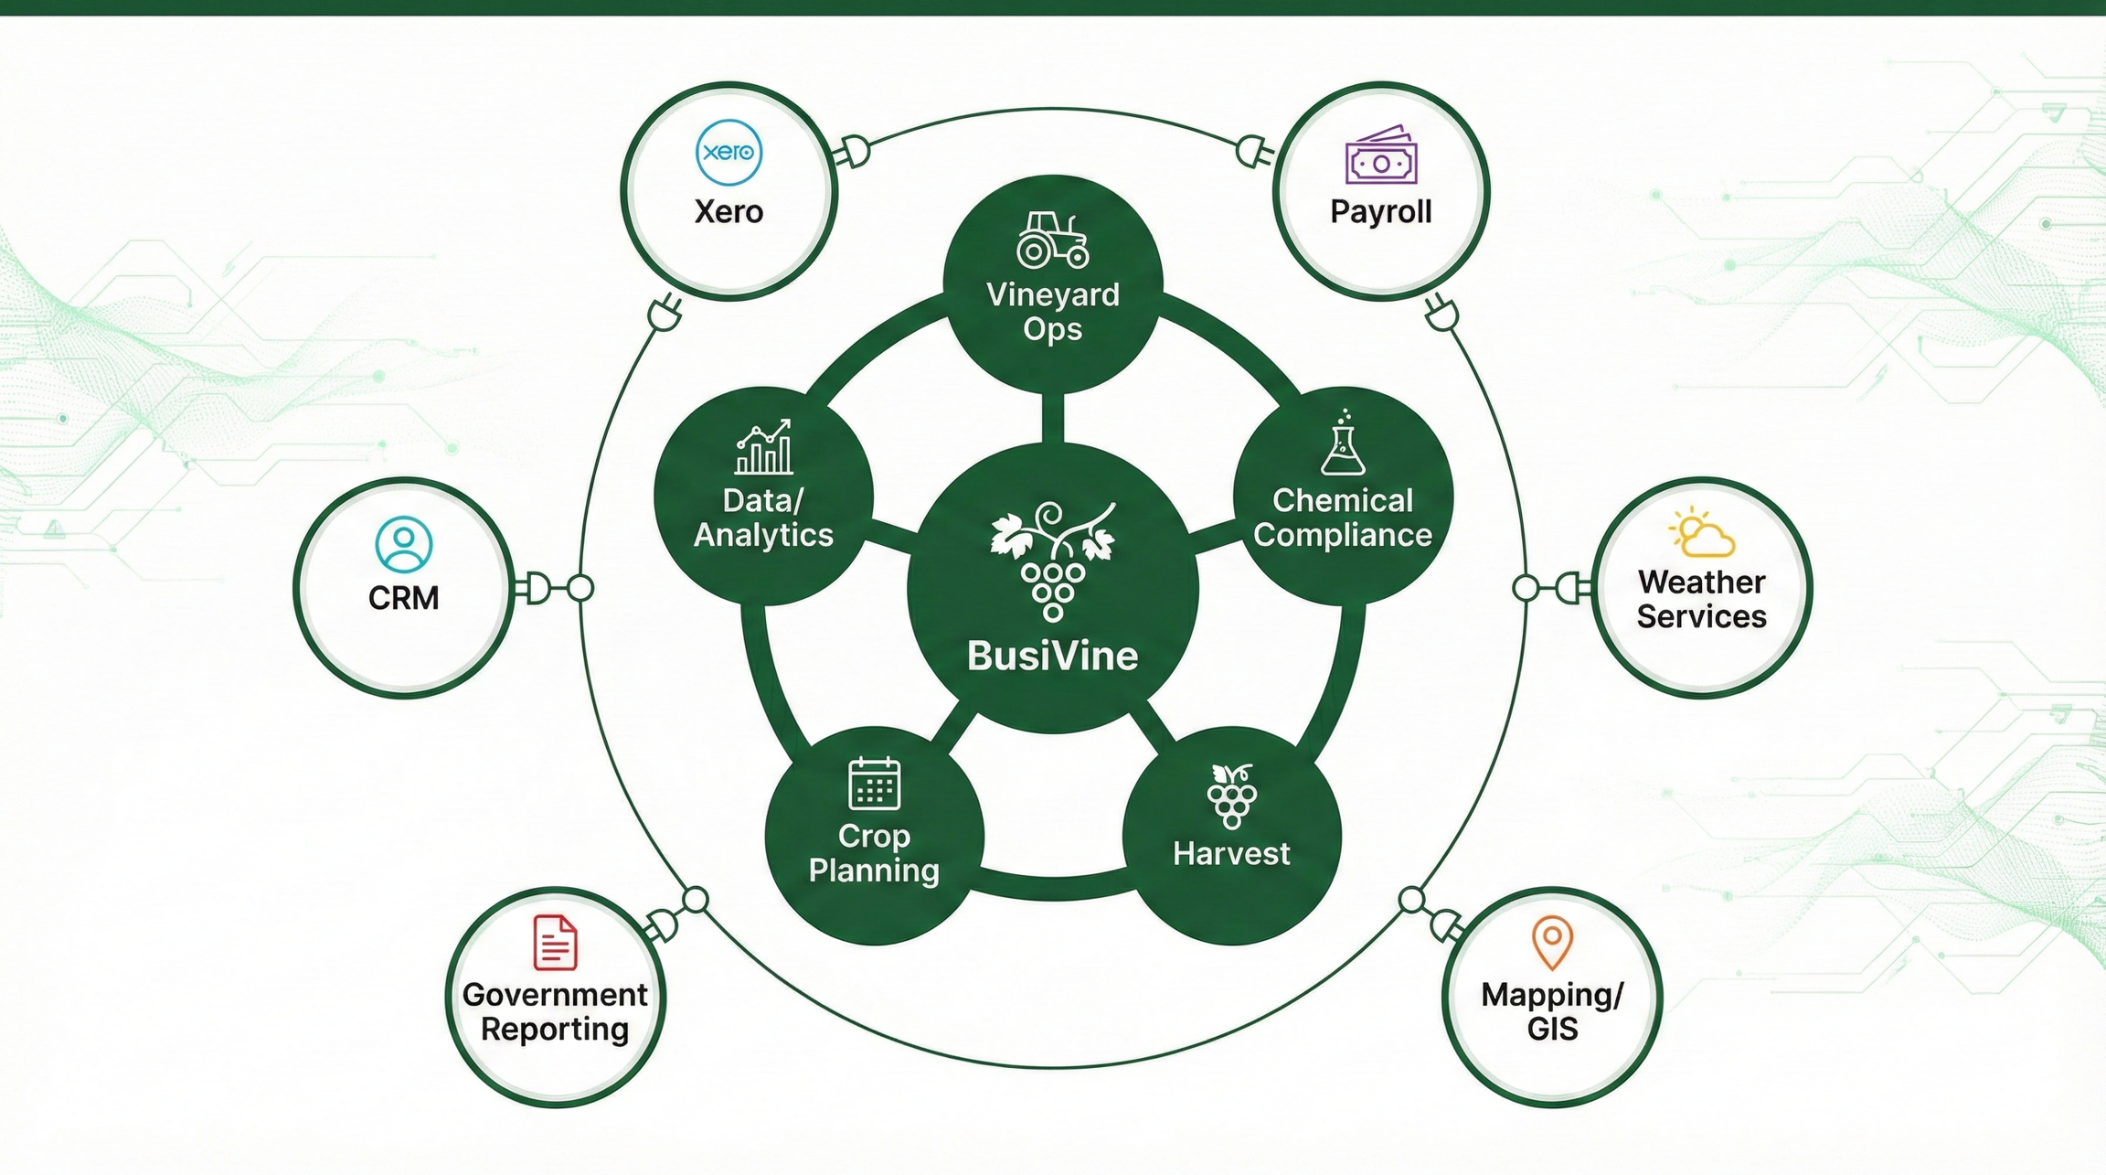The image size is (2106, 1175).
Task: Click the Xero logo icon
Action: pos(729,152)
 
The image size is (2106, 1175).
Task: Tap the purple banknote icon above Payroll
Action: pos(1380,157)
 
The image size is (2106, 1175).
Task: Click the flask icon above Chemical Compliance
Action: pos(1343,444)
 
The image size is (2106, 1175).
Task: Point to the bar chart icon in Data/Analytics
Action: pos(764,447)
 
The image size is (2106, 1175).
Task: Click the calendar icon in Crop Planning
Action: pos(874,784)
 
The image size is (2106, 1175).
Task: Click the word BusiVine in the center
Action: pos(1052,656)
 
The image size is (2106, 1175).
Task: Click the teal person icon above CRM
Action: pos(403,544)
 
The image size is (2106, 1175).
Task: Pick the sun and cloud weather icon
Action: pos(1701,533)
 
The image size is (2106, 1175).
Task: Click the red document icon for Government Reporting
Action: pos(555,942)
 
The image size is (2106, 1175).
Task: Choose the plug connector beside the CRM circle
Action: pos(536,588)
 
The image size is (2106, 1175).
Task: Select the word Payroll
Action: pos(1380,212)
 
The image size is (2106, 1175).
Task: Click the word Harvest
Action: pos(1231,854)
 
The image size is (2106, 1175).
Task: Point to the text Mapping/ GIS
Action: pos(1552,1011)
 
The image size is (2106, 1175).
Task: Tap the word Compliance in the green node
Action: pos(1343,535)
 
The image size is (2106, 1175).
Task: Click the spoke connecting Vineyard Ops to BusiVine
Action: pos(1053,418)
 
